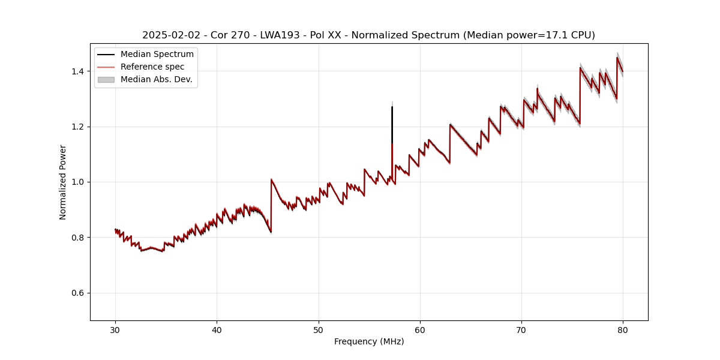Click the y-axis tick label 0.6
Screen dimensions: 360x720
pyautogui.click(x=79, y=293)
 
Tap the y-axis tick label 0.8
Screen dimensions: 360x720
pyautogui.click(x=79, y=238)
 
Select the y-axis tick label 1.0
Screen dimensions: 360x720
pyautogui.click(x=79, y=182)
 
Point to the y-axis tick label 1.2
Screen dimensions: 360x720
pyautogui.click(x=79, y=127)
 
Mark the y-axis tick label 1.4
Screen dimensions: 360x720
pyautogui.click(x=79, y=71)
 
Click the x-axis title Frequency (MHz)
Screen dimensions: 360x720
pyautogui.click(x=369, y=341)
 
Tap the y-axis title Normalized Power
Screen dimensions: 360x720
pyautogui.click(x=63, y=182)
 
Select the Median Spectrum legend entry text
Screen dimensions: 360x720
pyautogui.click(x=157, y=55)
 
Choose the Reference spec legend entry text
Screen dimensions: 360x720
pyautogui.click(x=152, y=67)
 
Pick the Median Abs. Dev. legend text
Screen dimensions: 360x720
pyautogui.click(x=157, y=80)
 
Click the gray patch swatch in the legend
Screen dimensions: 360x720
pyautogui.click(x=106, y=80)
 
